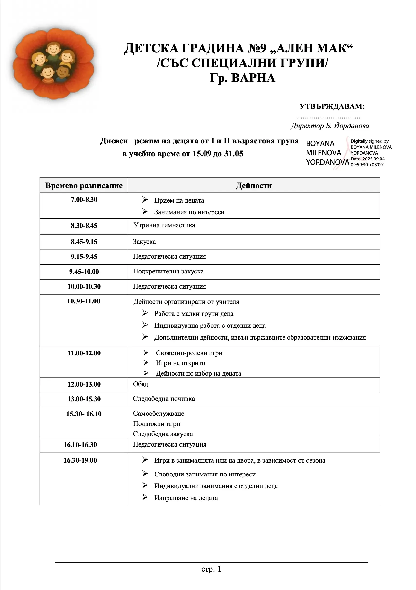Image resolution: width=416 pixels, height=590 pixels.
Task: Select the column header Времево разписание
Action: click(84, 185)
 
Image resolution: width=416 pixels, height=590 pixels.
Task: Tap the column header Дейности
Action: click(254, 185)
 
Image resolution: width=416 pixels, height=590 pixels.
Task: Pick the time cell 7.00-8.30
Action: click(84, 200)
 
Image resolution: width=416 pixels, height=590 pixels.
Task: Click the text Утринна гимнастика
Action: click(164, 225)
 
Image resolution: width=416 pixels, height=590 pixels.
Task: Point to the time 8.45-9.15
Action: click(84, 242)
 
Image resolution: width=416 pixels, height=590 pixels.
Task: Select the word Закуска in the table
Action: click(144, 242)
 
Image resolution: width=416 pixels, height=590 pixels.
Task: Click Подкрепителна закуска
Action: click(168, 272)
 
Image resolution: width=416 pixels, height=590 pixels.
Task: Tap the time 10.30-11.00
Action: click(83, 301)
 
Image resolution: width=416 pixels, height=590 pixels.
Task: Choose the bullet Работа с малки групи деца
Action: click(194, 314)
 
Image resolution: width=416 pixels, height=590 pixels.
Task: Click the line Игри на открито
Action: click(180, 363)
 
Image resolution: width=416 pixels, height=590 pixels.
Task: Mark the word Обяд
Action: click(141, 384)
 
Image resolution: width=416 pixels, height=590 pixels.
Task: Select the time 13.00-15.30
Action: click(84, 399)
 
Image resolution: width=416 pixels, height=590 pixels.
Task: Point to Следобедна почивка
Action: click(164, 399)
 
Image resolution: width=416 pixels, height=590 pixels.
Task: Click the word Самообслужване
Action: click(159, 414)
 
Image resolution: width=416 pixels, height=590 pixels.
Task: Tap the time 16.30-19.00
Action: click(80, 460)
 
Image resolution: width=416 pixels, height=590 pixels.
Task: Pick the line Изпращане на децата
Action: click(186, 498)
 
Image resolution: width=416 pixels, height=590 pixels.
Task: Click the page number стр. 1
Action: click(211, 569)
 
